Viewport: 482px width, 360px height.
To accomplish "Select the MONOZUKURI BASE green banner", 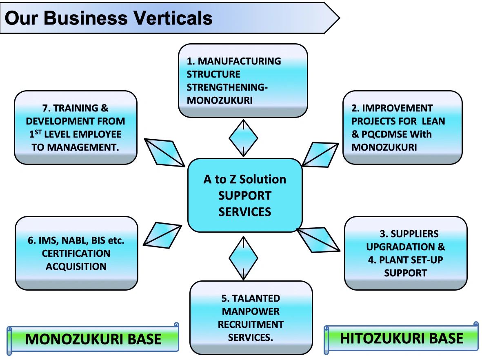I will coord(93,339).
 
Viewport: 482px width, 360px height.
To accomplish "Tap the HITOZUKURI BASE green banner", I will coord(402,338).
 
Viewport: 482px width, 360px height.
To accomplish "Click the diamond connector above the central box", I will coord(243,138).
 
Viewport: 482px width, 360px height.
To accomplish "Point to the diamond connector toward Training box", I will coord(165,152).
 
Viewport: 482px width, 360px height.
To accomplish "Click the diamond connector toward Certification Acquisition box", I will coord(162,235).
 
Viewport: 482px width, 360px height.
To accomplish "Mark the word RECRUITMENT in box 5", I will coord(251,324).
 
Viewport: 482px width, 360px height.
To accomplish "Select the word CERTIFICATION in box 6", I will coord(76,253).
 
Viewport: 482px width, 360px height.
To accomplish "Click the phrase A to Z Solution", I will coord(244,179).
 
